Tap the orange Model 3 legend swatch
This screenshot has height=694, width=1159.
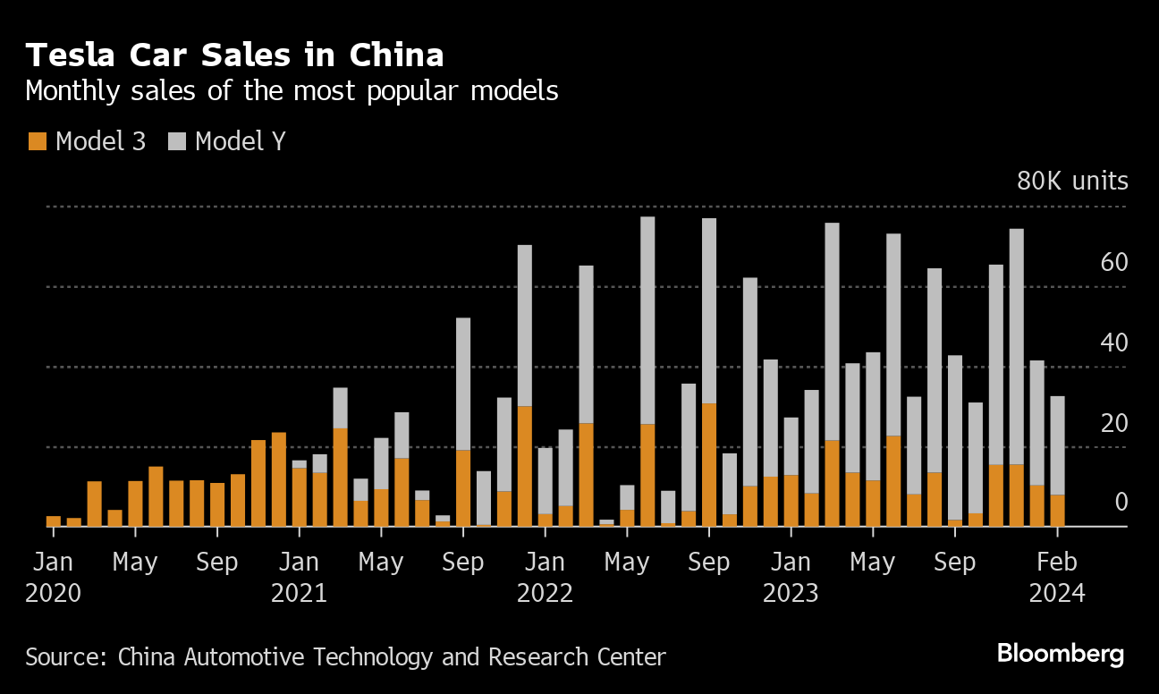(x=37, y=141)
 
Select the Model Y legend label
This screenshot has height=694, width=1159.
(x=240, y=141)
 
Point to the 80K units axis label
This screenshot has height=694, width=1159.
(x=1072, y=182)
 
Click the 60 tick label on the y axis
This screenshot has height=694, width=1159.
(x=1114, y=263)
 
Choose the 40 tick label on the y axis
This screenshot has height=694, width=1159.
(x=1114, y=343)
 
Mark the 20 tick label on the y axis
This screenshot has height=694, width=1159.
(x=1114, y=423)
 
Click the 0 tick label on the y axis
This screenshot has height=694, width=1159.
(x=1121, y=503)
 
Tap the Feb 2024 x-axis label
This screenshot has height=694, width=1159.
(x=1057, y=577)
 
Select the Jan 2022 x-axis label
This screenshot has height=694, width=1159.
(x=545, y=577)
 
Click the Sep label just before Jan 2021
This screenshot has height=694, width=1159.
(x=217, y=563)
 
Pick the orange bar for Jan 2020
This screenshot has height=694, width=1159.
(x=54, y=521)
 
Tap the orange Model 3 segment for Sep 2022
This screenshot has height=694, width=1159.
(x=709, y=465)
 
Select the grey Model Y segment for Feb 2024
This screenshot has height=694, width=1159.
(x=1057, y=445)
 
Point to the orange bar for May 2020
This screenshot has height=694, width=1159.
(x=135, y=504)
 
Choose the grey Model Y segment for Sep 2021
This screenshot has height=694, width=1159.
(x=463, y=384)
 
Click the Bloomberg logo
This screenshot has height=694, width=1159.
(x=1060, y=654)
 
